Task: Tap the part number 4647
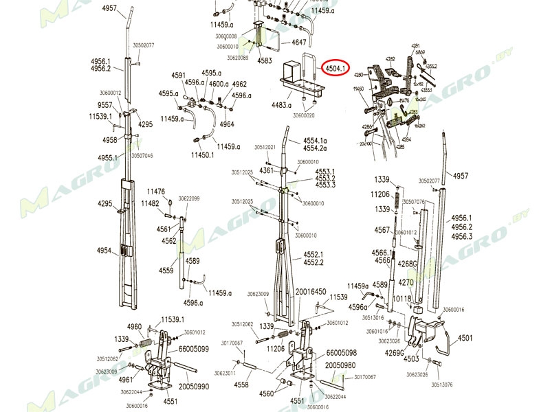[299, 43]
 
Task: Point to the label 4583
[265, 61]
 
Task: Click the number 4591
[179, 76]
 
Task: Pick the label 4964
[227, 124]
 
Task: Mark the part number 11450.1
[202, 156]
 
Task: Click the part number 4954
[104, 251]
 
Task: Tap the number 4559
[166, 271]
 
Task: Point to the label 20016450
[310, 292]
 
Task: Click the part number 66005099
[194, 349]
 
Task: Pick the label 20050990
[194, 387]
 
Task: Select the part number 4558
[241, 385]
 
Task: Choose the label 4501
[465, 338]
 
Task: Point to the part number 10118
[402, 299]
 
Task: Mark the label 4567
[382, 230]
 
